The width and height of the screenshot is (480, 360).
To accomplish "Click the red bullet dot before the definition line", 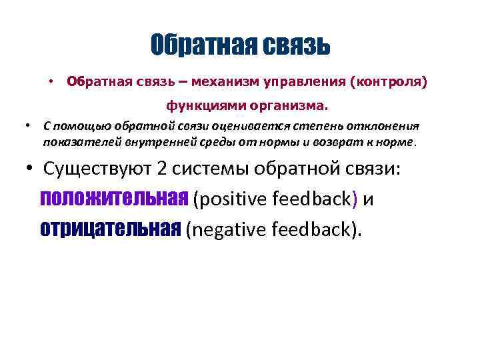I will tap(50, 81).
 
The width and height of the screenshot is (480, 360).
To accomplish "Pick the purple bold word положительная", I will tap(114, 198).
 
